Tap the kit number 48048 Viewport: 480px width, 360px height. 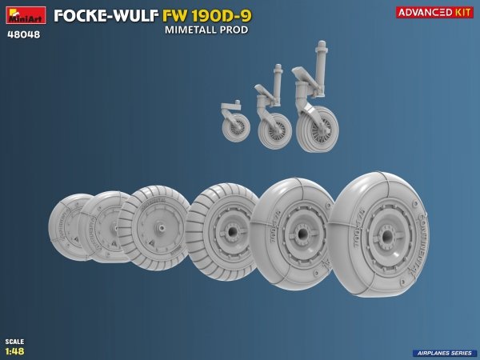pyautogui.click(x=24, y=34)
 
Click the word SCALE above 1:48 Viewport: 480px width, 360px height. pyautogui.click(x=14, y=342)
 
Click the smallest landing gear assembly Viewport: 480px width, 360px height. pyautogui.click(x=235, y=121)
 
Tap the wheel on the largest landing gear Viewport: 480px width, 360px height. pyautogui.click(x=317, y=130)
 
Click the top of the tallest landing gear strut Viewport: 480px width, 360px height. pyautogui.click(x=321, y=46)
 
